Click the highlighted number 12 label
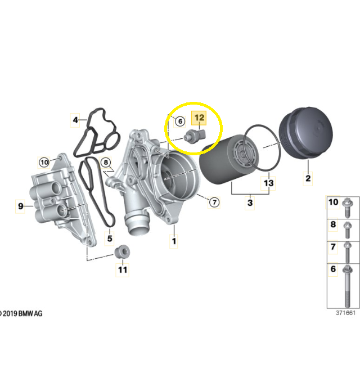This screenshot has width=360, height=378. tap(199, 118)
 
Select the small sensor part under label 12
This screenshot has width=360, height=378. tap(195, 137)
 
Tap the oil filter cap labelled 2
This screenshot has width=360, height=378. tap(306, 133)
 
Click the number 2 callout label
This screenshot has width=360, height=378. tap(308, 178)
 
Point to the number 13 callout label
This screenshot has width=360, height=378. tap(268, 183)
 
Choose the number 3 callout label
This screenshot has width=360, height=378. tap(250, 202)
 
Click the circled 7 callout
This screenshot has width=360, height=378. tap(214, 202)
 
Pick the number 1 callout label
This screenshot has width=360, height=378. tap(174, 241)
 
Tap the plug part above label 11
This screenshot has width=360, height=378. tap(122, 252)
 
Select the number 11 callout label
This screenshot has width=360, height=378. tap(123, 269)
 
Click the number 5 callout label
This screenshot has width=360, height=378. tap(110, 238)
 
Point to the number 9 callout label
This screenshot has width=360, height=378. tap(20, 206)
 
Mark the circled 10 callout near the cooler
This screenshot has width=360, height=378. tap(44, 162)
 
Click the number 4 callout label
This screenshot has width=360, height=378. tap(75, 120)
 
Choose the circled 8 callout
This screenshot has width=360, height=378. tap(106, 163)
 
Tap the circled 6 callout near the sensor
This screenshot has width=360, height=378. tap(180, 121)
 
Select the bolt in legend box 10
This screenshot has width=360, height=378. tap(347, 208)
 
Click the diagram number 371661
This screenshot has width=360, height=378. tap(345, 313)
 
